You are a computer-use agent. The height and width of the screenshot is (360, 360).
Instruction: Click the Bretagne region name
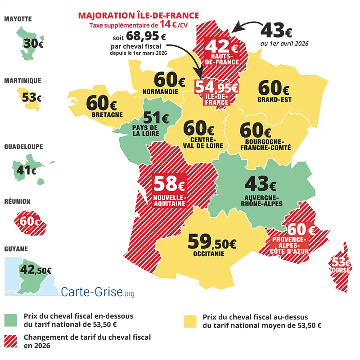click(107, 115)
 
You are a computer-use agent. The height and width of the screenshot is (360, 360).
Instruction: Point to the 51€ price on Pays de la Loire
click(156, 118)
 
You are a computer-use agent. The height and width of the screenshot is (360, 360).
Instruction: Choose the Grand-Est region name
click(274, 99)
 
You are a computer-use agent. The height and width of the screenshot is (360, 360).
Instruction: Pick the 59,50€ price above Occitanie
click(211, 242)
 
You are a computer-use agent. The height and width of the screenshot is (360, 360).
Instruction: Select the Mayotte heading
click(18, 19)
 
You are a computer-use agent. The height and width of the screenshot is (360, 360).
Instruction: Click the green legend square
click(11, 321)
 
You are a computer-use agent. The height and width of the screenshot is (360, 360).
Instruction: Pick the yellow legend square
click(191, 321)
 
